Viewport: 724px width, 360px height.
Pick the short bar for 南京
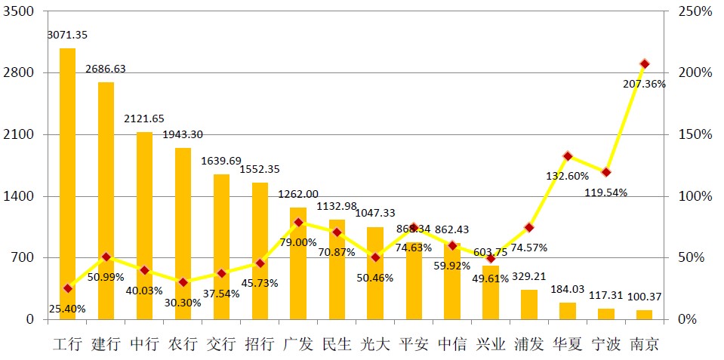coord(644,314)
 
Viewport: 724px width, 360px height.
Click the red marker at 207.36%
coord(644,64)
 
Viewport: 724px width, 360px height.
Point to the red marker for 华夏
coord(568,156)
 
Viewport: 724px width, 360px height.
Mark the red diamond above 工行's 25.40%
coord(68,288)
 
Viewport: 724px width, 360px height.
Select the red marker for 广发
coord(298,223)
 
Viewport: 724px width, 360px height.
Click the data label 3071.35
coord(66,35)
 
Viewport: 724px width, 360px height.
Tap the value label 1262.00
coord(298,194)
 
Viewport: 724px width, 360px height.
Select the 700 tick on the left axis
coord(23,257)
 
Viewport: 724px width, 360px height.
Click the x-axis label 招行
coord(259,345)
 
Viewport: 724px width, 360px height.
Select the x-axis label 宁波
coord(605,345)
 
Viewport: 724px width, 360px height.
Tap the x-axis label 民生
coord(336,345)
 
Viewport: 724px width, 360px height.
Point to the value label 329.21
coord(529,276)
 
